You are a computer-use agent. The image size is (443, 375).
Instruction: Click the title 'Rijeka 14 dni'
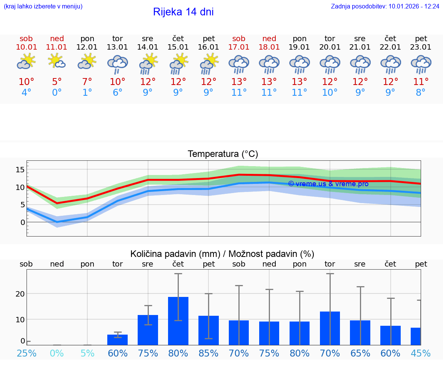point(183,12)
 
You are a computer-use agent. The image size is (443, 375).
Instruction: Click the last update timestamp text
point(385,7)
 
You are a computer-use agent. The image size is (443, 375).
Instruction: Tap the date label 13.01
point(117,47)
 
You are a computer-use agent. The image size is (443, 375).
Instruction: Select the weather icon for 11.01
point(57,61)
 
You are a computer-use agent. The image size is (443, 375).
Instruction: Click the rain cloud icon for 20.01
point(330,64)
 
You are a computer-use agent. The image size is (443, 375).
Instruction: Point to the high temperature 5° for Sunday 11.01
point(57,82)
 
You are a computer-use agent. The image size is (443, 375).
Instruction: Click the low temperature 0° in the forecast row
point(57,93)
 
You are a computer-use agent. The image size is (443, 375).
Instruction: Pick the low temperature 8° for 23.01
point(421,93)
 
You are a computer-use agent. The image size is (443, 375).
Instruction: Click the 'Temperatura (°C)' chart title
point(223,154)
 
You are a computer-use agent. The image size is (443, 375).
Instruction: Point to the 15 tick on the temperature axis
point(20,170)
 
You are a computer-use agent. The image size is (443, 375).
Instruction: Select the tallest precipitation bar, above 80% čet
point(178,321)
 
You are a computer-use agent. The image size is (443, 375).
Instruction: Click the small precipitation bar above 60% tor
point(117,340)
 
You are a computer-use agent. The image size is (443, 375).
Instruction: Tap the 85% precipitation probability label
point(208,353)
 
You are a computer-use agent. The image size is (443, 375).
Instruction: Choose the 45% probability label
point(421,353)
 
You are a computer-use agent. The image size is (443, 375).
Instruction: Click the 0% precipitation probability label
point(57,353)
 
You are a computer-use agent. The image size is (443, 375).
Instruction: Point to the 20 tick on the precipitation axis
point(20,294)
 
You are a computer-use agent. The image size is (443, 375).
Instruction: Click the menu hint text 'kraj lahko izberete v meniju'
point(43,7)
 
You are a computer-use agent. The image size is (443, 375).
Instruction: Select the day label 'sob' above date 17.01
point(239,39)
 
